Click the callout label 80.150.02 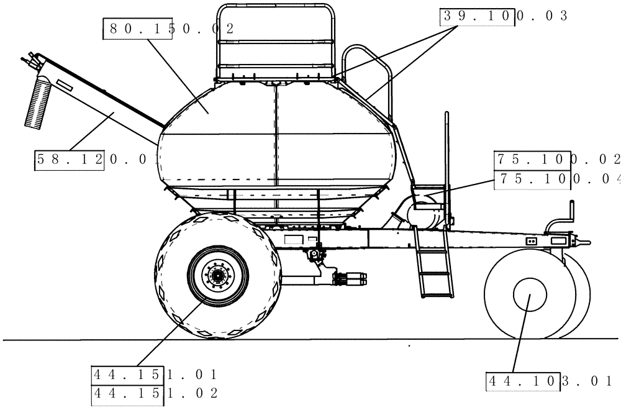point(168,29)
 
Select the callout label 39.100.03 point(504,17)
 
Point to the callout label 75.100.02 point(556,160)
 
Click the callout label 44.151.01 point(154,375)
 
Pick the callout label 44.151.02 point(154,393)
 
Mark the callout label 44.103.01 point(550,380)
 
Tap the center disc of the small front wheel point(528,296)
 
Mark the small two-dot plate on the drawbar point(531,240)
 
